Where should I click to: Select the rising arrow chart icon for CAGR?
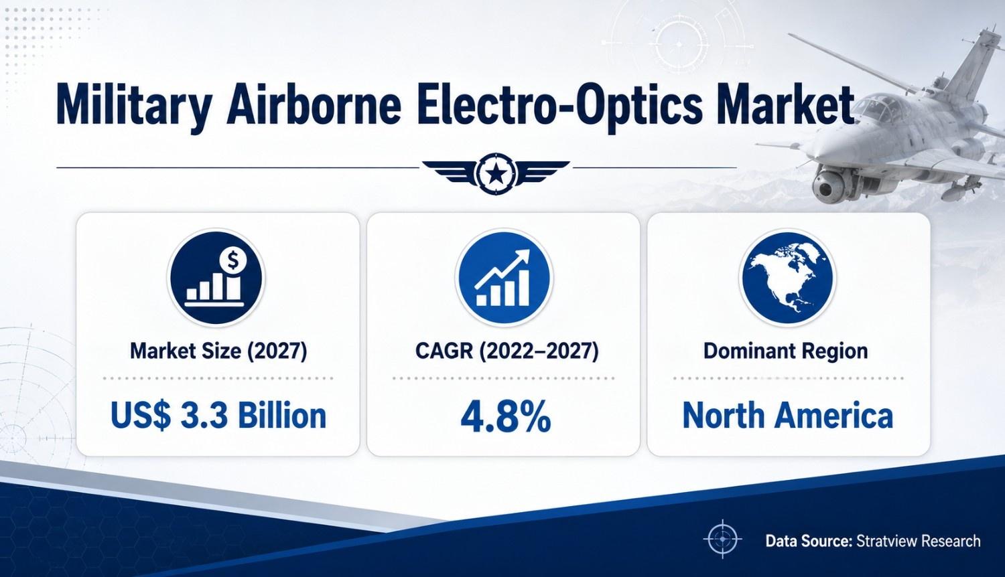[x=504, y=277]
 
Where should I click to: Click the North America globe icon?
[x=787, y=277]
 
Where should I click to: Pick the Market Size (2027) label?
[x=218, y=351]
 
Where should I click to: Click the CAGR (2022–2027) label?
[x=507, y=351]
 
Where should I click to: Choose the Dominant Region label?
[x=785, y=351]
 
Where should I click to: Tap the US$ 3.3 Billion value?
[x=218, y=415]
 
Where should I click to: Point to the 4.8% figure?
[x=506, y=417]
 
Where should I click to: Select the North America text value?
[x=788, y=416]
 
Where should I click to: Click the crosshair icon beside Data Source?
[x=722, y=539]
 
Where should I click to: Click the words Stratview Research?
[x=919, y=541]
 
